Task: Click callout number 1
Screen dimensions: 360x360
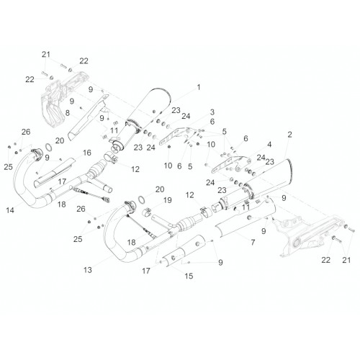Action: (x=199, y=87)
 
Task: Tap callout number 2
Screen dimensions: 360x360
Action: (x=289, y=135)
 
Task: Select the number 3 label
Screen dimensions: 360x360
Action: (x=212, y=112)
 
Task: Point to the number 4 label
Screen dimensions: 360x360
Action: (x=269, y=144)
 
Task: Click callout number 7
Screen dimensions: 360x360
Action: (x=253, y=243)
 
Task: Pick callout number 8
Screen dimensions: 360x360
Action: (x=68, y=113)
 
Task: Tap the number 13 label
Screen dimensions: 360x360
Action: (x=88, y=270)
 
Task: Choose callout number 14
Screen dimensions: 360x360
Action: (x=10, y=210)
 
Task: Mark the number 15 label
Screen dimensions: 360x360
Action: (x=189, y=276)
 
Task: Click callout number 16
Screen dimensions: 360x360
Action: (x=87, y=153)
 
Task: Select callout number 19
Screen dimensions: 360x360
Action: (x=168, y=200)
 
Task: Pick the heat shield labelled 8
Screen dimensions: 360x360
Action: (x=89, y=117)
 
